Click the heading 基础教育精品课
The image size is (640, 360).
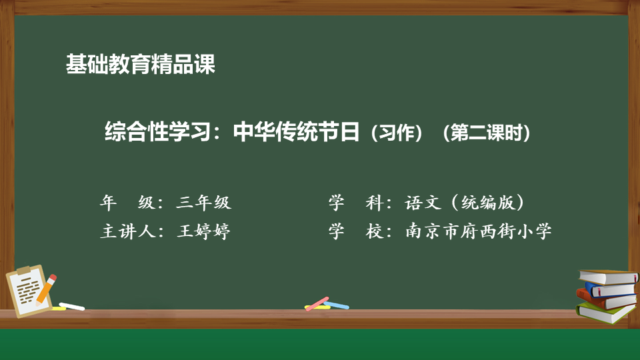(141, 64)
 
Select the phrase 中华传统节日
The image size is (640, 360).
(296, 131)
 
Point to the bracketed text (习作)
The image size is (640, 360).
(396, 133)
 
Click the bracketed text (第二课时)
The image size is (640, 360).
(486, 133)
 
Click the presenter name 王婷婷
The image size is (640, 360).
(204, 231)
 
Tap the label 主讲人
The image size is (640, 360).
(128, 231)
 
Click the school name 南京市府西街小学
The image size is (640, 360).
(479, 231)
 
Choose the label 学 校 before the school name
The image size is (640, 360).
(356, 231)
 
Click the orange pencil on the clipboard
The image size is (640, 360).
(46, 289)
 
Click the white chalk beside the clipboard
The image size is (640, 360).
(72, 306)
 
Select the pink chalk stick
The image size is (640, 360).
(317, 303)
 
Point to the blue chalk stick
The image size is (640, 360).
(337, 305)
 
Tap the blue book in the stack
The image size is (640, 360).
(610, 289)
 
